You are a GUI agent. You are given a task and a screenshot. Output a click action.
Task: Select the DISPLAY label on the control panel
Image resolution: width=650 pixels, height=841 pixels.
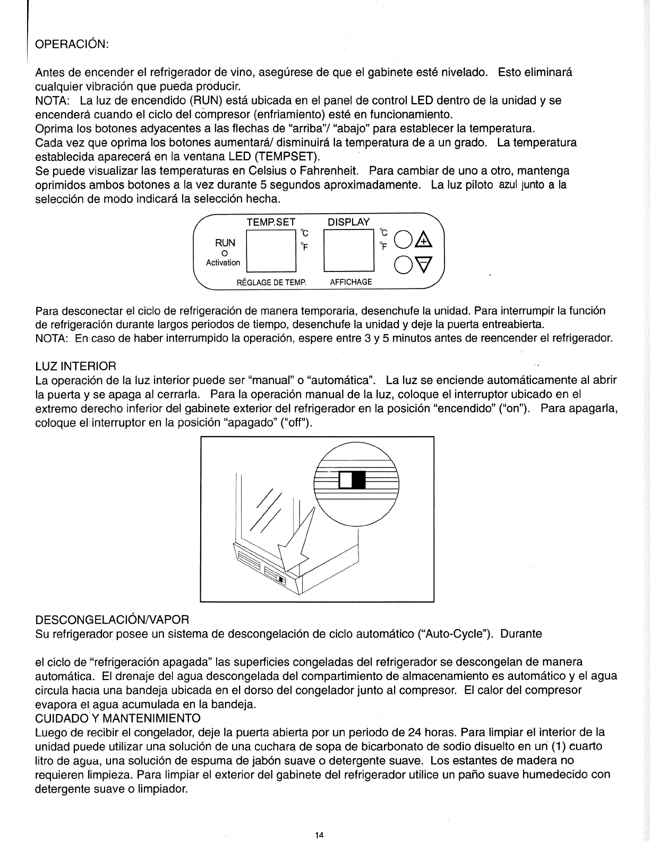(x=348, y=222)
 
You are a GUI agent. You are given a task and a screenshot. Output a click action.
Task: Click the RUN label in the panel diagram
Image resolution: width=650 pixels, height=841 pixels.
(x=224, y=243)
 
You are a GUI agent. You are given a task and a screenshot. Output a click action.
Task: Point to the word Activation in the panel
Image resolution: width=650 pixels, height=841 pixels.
(x=223, y=262)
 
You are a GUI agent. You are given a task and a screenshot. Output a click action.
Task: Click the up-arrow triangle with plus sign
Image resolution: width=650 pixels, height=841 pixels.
(x=423, y=242)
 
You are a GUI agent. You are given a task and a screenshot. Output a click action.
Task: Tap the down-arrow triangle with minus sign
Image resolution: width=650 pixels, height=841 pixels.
(x=423, y=264)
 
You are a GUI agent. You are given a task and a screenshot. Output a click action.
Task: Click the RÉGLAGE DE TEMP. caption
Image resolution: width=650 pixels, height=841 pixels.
(x=271, y=282)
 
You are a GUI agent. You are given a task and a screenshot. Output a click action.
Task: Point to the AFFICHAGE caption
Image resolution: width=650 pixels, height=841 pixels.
(x=351, y=282)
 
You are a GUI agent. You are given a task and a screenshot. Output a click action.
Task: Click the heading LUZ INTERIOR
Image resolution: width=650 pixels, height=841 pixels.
(x=75, y=366)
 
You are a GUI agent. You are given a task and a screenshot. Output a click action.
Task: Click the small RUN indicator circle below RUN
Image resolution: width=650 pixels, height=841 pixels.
(x=224, y=253)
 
